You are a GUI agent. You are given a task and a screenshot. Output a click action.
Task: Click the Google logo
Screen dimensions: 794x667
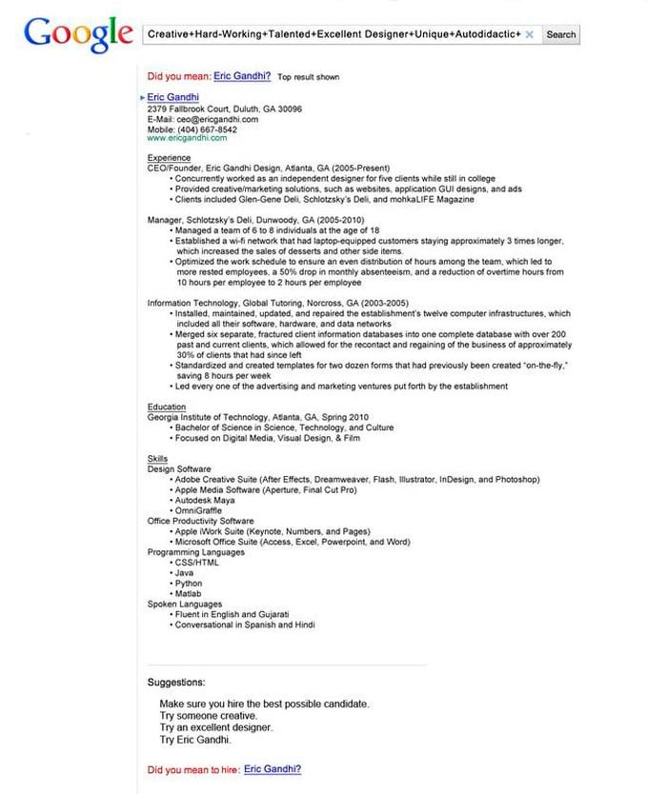coord(78,34)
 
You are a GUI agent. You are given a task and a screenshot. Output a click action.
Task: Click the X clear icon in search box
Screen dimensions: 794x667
coord(529,34)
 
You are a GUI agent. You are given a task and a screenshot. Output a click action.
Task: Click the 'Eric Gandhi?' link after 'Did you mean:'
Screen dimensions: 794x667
coord(242,76)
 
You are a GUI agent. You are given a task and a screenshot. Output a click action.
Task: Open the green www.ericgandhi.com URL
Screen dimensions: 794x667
coord(187,138)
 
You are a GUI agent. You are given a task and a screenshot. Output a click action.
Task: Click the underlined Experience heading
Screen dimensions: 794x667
coord(169,157)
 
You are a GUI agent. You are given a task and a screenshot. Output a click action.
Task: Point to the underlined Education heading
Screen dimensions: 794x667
coord(167,407)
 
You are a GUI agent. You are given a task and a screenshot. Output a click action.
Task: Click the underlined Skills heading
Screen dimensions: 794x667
coord(157,459)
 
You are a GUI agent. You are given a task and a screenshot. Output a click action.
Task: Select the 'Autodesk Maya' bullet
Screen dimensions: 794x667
coord(205,500)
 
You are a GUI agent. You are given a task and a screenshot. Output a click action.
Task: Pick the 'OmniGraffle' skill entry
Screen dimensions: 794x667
coord(200,510)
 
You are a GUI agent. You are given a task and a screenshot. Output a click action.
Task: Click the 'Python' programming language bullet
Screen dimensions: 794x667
coord(189,583)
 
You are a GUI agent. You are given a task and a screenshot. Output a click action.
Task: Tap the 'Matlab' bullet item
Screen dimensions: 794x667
coord(189,593)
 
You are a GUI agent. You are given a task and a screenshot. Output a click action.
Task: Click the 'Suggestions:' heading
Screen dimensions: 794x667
coord(175,682)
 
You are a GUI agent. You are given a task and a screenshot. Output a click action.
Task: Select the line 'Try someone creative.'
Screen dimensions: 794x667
coord(208,715)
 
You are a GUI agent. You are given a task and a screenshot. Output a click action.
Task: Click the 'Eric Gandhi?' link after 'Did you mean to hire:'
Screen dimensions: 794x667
coord(273,768)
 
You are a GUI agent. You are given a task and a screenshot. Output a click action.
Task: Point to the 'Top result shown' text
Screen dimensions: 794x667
coord(308,77)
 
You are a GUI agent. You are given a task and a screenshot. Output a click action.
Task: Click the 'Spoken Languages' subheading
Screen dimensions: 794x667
coord(185,604)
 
